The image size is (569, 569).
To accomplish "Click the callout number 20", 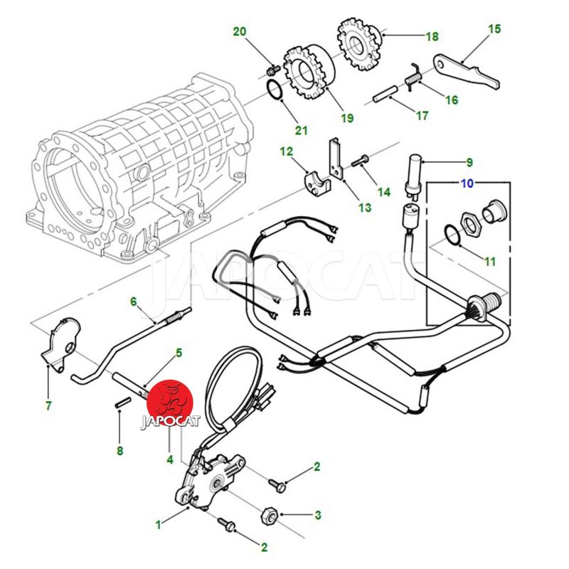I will click(x=240, y=31).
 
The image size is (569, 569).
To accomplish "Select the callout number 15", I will click(x=494, y=29).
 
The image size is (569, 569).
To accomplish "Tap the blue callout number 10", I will click(x=467, y=184).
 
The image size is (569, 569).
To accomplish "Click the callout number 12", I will click(x=286, y=151).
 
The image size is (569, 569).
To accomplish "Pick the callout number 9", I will click(x=489, y=162).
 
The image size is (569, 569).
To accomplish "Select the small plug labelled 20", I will click(x=272, y=70).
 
